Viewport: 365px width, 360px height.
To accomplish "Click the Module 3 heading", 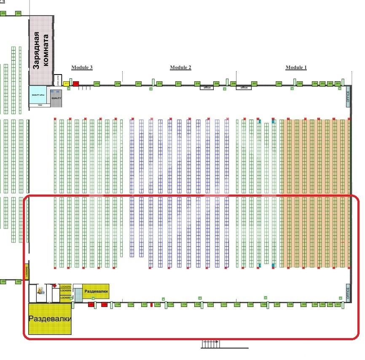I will click(x=82, y=67).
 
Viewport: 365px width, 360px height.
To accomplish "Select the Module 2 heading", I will click(x=180, y=67).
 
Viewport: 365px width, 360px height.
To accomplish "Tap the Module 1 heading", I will click(x=296, y=67).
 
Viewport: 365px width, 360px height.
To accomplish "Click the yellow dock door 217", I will click(x=67, y=84).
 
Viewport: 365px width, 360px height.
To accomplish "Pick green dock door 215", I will click(x=97, y=84).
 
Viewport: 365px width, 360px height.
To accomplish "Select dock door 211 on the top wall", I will click(x=178, y=84).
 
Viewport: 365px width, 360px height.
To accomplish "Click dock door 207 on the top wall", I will click(x=254, y=84).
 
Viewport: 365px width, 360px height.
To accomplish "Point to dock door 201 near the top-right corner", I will click(x=338, y=84).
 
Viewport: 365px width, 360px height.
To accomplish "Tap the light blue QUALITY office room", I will click(x=38, y=94).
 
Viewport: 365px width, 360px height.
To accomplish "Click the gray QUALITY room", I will click(x=56, y=98).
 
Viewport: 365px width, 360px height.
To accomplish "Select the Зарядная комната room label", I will click(x=41, y=50).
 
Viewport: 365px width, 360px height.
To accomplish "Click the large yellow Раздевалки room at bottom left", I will click(x=50, y=319).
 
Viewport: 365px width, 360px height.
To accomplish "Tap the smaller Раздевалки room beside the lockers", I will click(x=96, y=291).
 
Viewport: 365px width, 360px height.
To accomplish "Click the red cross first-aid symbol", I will click(x=54, y=285).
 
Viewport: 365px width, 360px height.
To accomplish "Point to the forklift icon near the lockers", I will click(x=41, y=290).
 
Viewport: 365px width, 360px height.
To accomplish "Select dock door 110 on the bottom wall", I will click(x=237, y=304).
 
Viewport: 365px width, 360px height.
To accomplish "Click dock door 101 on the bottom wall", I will click(x=338, y=304).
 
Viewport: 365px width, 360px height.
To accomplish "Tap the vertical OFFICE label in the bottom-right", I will click(x=348, y=292).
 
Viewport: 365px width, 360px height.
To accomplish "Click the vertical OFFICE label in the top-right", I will click(x=348, y=97).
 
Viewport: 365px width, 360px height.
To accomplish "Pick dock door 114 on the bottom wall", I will click(x=184, y=304).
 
